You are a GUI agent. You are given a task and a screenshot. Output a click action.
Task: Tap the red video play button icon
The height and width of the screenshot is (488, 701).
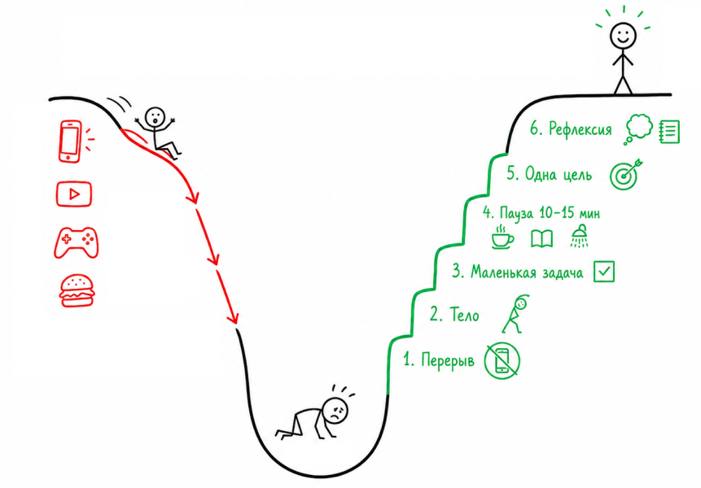74,194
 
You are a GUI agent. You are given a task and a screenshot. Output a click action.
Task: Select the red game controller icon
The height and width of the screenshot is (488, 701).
77,242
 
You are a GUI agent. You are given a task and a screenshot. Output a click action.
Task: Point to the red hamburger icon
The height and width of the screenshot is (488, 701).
77,290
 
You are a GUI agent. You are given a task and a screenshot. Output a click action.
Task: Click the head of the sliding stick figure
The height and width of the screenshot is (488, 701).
156,117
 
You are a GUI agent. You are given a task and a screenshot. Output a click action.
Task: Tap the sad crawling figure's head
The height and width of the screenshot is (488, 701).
335,409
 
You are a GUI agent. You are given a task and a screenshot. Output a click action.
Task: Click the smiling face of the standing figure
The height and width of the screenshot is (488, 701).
623,35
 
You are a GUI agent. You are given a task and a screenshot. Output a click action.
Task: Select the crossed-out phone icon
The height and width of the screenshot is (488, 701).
502,359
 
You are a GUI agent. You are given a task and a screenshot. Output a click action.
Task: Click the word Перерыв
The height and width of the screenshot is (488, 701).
448,359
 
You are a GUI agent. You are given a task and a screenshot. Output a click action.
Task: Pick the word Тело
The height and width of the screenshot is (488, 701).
465,315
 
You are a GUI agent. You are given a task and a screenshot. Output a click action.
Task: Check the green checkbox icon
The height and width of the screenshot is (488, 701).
604,272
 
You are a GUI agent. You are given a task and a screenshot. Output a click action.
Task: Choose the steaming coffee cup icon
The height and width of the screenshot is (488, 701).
502,237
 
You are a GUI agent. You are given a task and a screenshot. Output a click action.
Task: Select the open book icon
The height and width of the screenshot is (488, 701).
542,238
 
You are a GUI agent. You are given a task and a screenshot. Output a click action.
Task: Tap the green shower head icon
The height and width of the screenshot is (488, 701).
580,236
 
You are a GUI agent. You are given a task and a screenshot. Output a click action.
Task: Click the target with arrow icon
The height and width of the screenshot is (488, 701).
625,174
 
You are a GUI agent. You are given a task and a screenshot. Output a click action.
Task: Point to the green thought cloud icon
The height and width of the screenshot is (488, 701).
638,129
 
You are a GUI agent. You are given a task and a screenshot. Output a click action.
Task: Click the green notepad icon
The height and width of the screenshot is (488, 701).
670,131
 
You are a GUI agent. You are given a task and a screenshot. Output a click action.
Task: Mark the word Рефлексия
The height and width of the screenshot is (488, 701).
580,129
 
